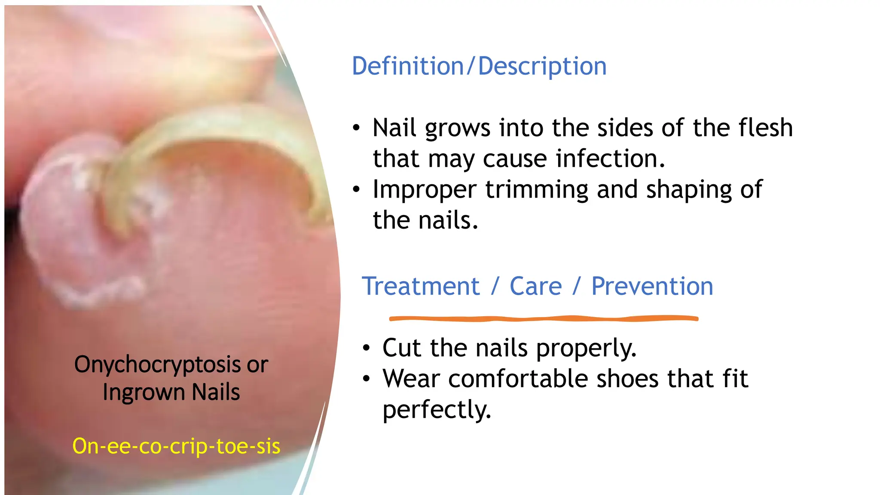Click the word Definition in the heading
(407, 66)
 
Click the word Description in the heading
(542, 66)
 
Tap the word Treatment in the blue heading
(421, 286)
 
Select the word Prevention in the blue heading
(652, 286)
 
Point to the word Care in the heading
(535, 286)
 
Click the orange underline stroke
(544, 318)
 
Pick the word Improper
(425, 189)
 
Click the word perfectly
(437, 409)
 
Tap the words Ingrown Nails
(171, 392)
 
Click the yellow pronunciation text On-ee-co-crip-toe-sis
(176, 446)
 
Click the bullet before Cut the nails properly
(366, 348)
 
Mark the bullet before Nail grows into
(356, 128)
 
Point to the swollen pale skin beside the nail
(60, 223)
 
